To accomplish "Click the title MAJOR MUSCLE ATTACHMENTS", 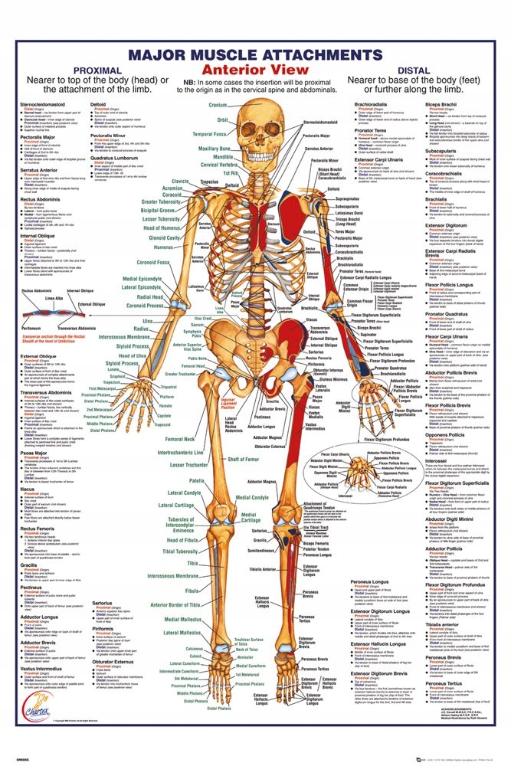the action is click(254, 56).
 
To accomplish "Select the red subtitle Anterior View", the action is click(255, 75).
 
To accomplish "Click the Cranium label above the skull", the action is click(218, 104).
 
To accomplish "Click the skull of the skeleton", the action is click(257, 126).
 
